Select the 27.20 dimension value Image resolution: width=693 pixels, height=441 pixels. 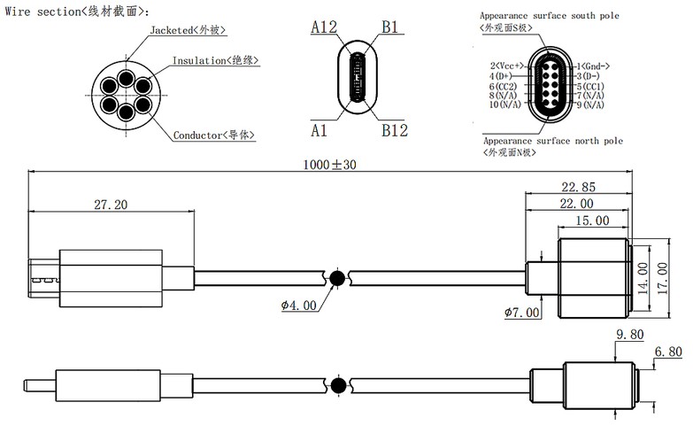(x=111, y=205)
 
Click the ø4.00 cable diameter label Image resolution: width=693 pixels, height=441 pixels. (x=298, y=306)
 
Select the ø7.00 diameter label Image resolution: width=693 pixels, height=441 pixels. (x=521, y=312)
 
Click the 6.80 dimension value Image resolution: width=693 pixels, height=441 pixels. (x=667, y=352)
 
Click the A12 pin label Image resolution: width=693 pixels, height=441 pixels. (x=325, y=27)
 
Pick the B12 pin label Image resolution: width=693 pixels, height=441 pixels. (x=395, y=130)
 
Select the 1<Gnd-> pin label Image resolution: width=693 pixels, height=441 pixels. (x=593, y=66)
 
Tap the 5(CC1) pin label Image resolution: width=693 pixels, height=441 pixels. (x=589, y=87)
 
